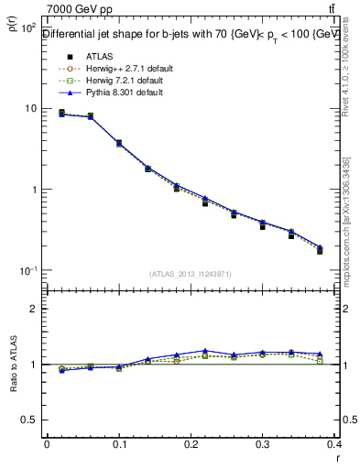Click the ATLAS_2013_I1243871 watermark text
190,274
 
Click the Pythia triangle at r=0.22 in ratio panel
205,351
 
